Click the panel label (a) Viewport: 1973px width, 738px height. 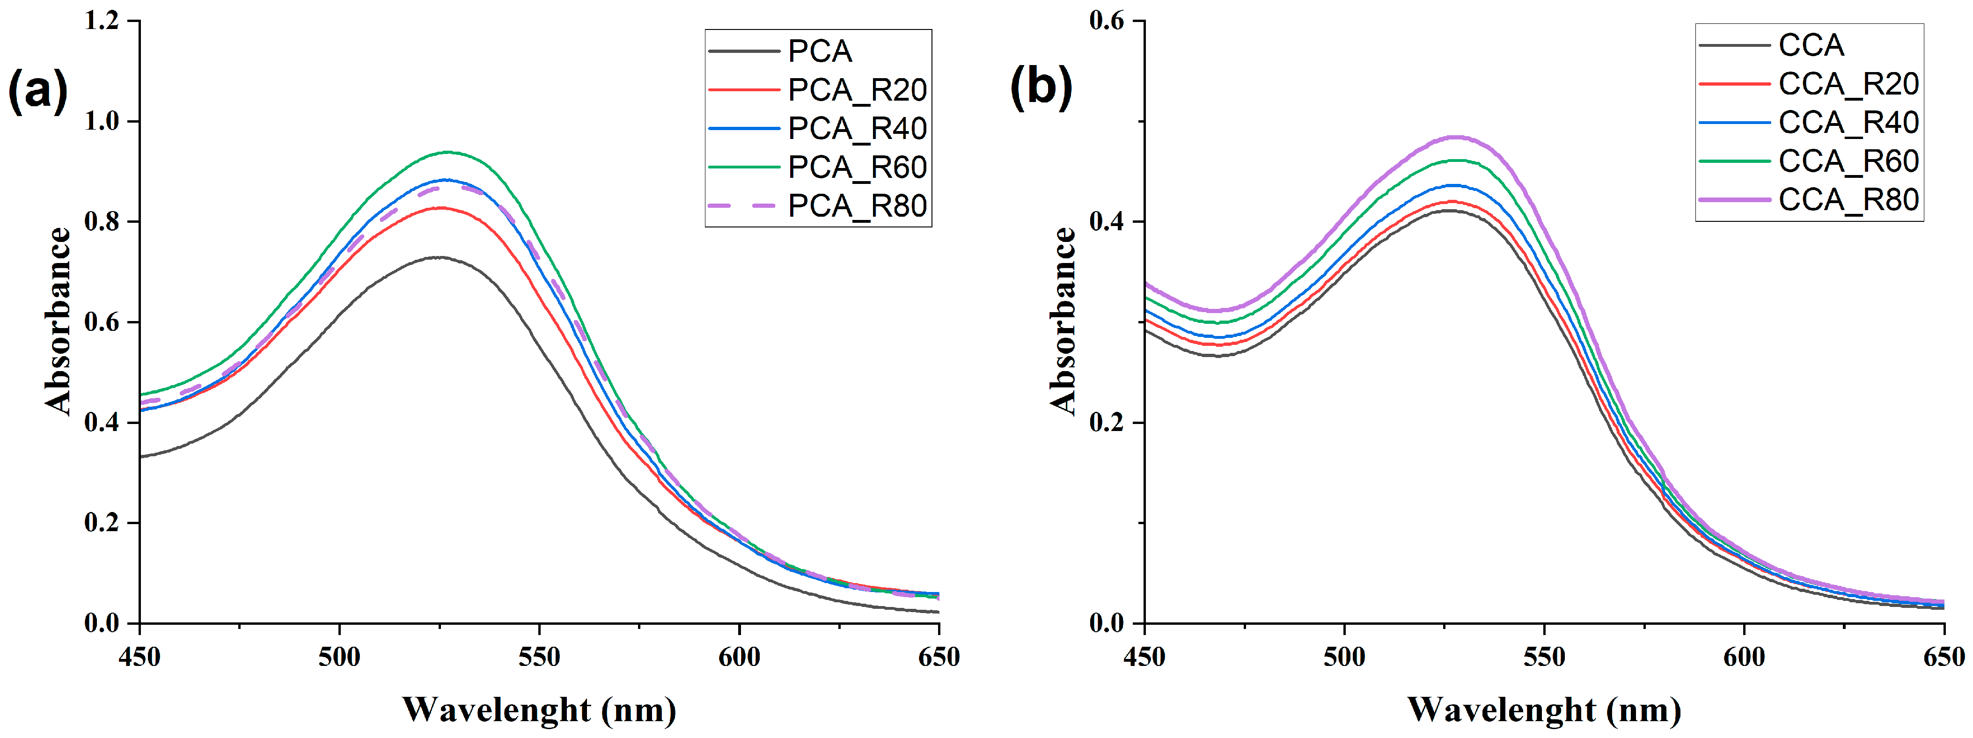click(x=37, y=90)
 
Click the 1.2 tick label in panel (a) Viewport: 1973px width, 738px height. click(x=102, y=21)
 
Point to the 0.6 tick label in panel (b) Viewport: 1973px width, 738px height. click(x=1107, y=21)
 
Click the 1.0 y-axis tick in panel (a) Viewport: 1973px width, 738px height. click(x=102, y=121)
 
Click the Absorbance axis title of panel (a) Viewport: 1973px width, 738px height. click(x=58, y=322)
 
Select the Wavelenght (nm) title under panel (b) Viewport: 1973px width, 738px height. click(x=1544, y=709)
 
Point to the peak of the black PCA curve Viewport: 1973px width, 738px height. click(x=438, y=257)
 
